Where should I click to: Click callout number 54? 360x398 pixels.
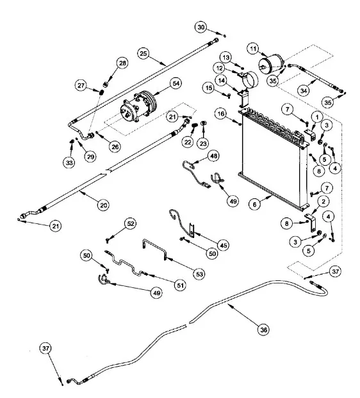pos(174,84)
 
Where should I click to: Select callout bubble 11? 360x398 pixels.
pos(254,49)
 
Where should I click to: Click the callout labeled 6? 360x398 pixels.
pos(255,204)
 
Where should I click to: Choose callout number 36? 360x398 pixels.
pos(263,330)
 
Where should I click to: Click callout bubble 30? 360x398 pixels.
pos(201,28)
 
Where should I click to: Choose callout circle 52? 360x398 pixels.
pos(131,224)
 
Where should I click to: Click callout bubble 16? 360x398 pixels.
pos(220,114)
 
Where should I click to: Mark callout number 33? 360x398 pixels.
pos(69,163)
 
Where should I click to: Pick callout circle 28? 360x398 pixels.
pos(122,62)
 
